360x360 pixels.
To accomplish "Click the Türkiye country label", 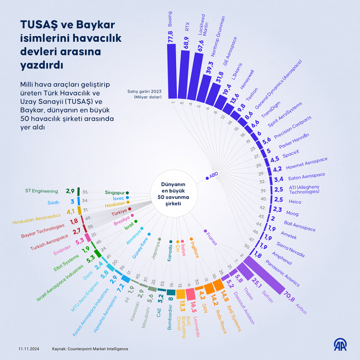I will point(120,212).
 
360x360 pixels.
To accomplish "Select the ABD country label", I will point(214,176).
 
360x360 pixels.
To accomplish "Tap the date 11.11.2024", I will point(28,349).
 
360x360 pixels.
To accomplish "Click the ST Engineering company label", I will point(41,191).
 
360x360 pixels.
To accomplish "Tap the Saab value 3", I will point(72,201).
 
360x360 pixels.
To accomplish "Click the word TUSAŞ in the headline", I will point(39,25).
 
